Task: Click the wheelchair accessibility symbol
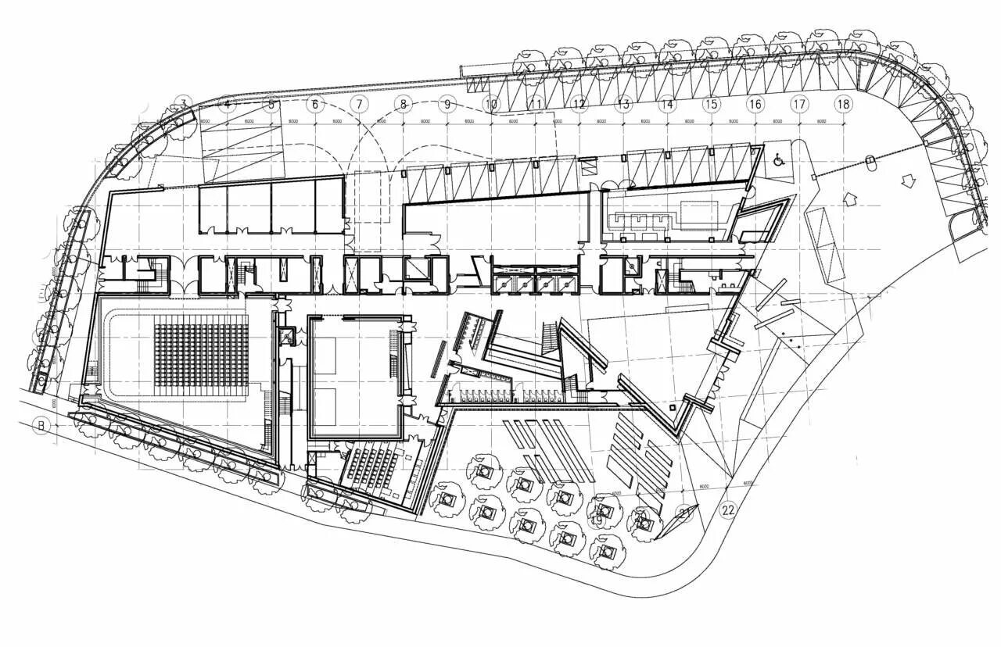click(x=779, y=160)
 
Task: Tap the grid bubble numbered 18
click(x=843, y=103)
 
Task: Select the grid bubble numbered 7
click(x=359, y=103)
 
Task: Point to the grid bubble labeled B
click(x=36, y=425)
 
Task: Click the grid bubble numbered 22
click(x=728, y=509)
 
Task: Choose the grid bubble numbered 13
click(x=623, y=103)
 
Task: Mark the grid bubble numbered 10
click(x=491, y=103)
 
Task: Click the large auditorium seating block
click(x=201, y=356)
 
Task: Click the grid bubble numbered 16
click(x=755, y=103)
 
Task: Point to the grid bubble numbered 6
click(x=315, y=103)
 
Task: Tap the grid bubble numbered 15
click(x=711, y=103)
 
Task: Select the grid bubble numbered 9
click(x=447, y=103)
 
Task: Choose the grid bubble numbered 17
click(x=799, y=103)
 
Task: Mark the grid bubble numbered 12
click(x=579, y=103)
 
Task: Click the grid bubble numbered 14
click(x=667, y=103)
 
